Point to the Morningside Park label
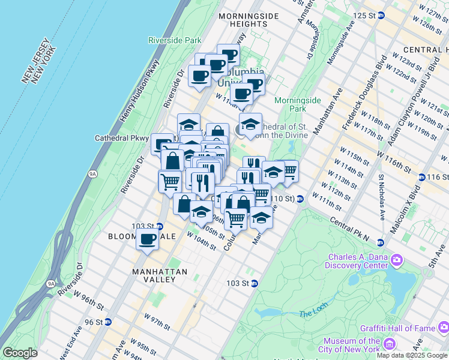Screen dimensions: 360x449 pos(291,104)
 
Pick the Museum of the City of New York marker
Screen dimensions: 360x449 pos(389,344)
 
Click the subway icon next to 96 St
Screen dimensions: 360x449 pos(107,322)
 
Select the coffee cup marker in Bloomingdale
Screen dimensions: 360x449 pos(147,240)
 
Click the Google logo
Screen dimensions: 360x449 pos(20,353)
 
